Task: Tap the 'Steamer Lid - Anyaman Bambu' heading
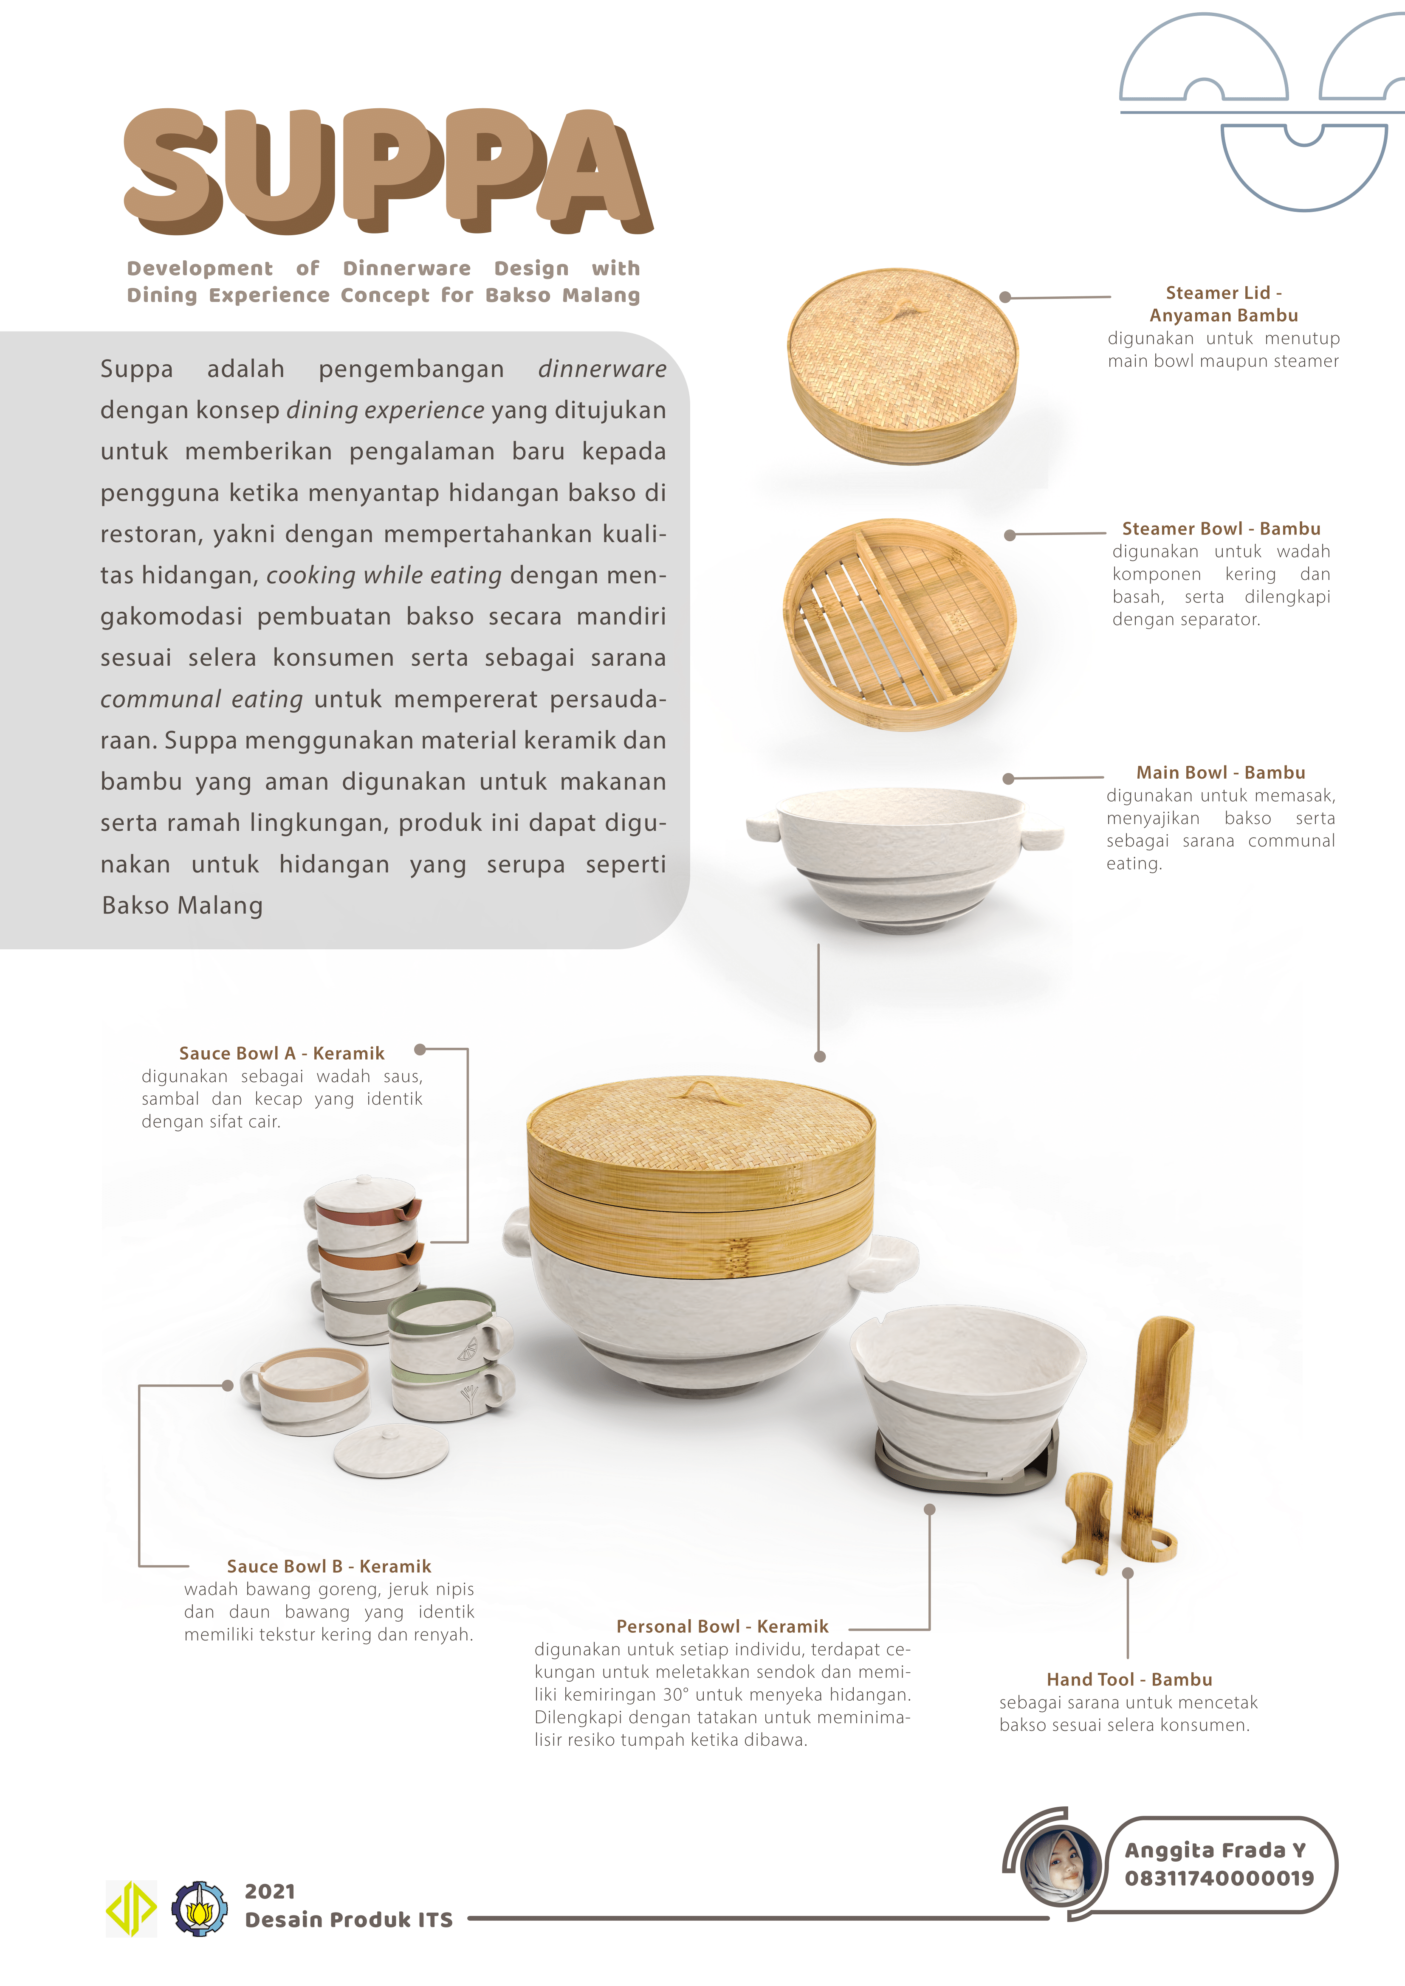click(x=1223, y=304)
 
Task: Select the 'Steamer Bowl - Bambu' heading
click(x=1221, y=529)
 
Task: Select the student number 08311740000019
click(x=1219, y=1878)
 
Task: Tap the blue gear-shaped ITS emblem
click(x=199, y=1907)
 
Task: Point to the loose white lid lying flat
click(x=391, y=1452)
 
